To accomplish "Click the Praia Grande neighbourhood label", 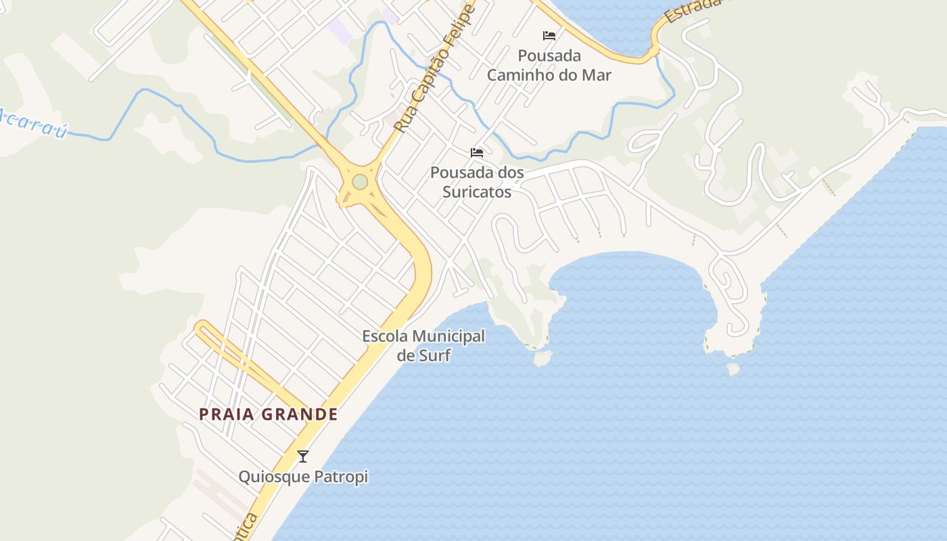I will [269, 414].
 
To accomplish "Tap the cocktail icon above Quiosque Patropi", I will [303, 456].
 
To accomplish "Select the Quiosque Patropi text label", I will [303, 477].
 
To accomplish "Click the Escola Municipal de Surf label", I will [423, 345].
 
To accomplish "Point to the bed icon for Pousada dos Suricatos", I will [477, 153].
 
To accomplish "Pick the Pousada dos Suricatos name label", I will [477, 182].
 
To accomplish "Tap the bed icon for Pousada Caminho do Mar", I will [549, 36].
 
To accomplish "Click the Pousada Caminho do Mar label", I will [549, 65].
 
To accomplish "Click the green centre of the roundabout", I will [360, 182].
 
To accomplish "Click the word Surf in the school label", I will [434, 355].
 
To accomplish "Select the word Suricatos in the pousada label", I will [477, 191].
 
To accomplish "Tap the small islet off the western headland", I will [542, 358].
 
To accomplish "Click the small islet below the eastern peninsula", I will [733, 369].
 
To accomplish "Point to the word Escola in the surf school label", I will [386, 336].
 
